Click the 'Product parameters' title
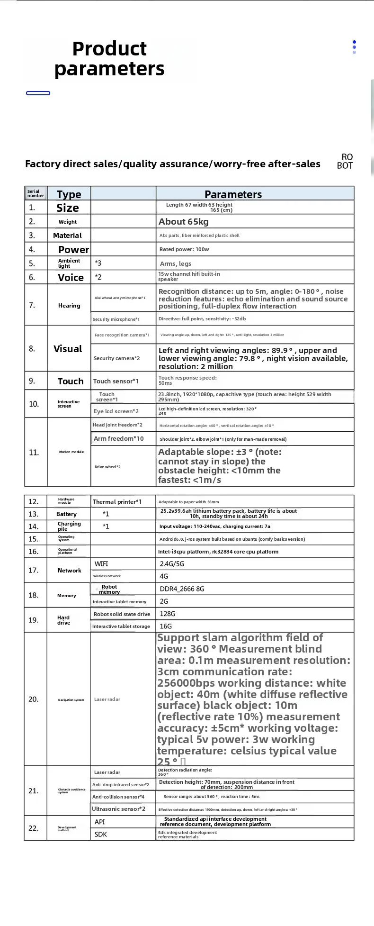point(109,59)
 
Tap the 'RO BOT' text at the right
point(345,161)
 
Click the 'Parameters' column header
point(233,194)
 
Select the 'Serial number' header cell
point(36,193)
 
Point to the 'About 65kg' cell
point(184,222)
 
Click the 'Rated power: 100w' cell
point(184,249)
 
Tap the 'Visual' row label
point(68,349)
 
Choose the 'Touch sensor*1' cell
point(116,381)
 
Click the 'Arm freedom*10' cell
point(119,438)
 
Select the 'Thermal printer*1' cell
point(117,501)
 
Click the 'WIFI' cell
point(101,564)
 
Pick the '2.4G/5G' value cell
point(172,564)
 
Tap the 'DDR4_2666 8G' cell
point(182,589)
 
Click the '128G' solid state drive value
point(168,614)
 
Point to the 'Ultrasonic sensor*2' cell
point(119,809)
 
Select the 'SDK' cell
point(101,834)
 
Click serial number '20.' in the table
point(34,699)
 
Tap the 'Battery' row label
point(66,514)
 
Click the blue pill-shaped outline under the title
point(38,93)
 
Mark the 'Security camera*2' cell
point(117,358)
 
